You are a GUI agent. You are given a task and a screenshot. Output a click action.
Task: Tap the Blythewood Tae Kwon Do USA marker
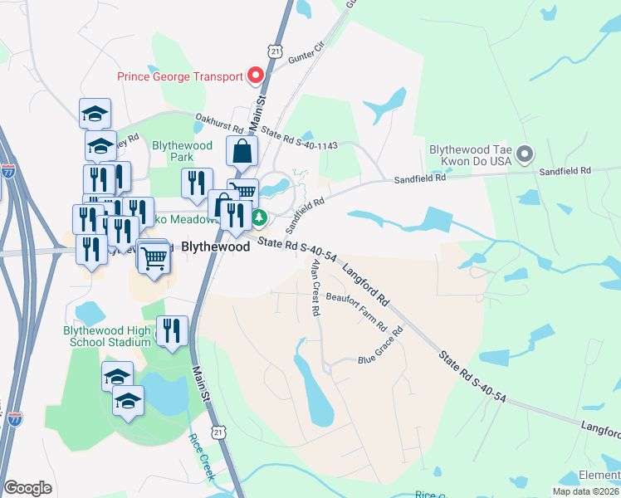tap(524, 154)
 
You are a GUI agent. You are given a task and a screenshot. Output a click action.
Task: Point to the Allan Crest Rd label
tap(315, 288)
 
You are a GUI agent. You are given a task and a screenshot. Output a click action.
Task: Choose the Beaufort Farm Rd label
tap(356, 308)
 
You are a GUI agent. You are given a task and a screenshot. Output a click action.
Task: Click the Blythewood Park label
tap(173, 151)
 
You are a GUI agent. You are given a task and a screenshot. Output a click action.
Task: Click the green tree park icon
tap(259, 217)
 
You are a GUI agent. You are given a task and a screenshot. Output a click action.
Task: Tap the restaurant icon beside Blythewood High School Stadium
tap(171, 332)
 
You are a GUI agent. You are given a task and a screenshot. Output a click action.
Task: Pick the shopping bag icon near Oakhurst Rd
tap(242, 152)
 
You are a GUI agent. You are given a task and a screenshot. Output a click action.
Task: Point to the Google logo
tap(27, 488)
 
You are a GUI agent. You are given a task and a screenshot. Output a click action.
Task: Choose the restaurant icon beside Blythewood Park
tap(197, 183)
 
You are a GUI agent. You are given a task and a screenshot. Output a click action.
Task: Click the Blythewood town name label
tap(215, 247)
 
